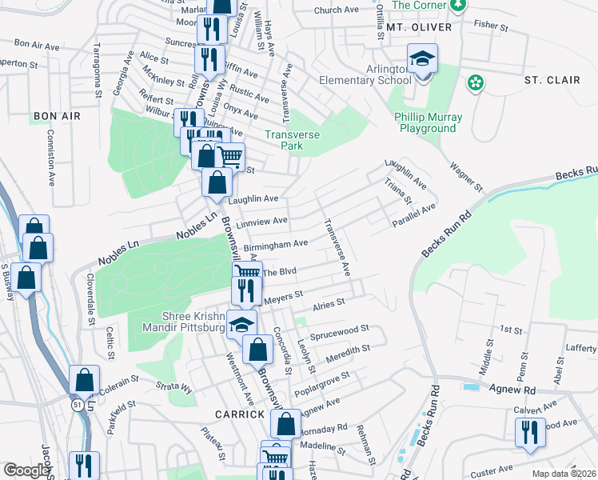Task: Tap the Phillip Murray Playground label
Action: point(429,122)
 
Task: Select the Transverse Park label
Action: point(292,142)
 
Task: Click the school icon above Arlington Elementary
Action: point(422,61)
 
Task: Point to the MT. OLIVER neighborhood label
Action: point(419,27)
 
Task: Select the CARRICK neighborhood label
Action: point(239,414)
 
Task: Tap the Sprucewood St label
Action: point(341,329)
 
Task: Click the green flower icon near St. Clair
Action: point(476,82)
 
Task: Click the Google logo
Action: point(26,470)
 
